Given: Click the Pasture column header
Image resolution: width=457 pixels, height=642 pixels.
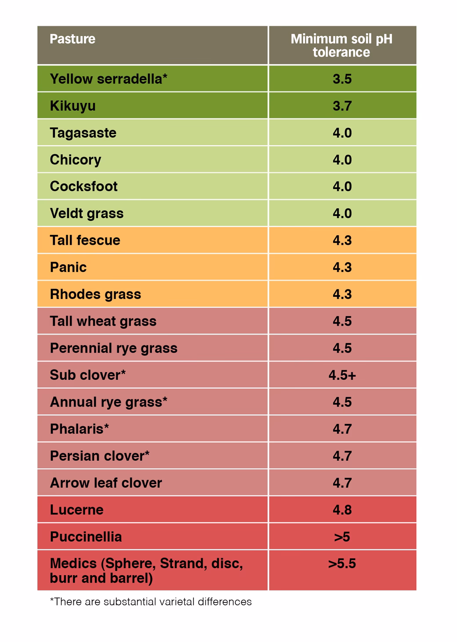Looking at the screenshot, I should (73, 39).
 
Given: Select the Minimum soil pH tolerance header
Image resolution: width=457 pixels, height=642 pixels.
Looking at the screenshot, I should (341, 45).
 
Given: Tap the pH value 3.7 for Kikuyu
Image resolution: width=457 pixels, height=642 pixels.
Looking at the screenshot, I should (342, 106).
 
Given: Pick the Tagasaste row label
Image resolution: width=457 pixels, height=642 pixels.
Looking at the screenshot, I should (83, 133).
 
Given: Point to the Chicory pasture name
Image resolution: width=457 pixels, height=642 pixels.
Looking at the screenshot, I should (76, 160).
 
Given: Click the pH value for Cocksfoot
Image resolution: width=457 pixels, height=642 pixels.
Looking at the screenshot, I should (342, 186).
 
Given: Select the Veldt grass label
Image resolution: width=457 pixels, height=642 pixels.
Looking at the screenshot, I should (87, 213).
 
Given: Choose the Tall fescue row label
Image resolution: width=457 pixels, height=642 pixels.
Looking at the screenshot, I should (85, 241).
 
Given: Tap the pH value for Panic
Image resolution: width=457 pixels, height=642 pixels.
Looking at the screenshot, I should (342, 267).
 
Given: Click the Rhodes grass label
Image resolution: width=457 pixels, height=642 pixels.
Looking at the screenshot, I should (95, 294).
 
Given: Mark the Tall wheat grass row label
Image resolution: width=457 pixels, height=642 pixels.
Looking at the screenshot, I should (103, 321).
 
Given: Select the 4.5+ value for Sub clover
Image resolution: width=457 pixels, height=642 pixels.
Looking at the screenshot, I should (342, 375).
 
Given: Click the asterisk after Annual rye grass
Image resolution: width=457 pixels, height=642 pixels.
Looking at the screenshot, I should (165, 400).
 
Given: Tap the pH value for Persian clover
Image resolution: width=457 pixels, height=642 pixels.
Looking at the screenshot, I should (342, 456).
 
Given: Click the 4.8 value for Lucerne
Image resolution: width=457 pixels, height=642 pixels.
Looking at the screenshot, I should (342, 510).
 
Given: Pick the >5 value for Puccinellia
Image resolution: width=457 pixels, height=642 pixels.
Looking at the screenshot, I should (342, 537).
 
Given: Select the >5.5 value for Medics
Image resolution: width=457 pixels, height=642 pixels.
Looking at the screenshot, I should (342, 564).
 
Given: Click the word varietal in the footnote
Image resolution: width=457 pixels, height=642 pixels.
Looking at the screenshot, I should (177, 602).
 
